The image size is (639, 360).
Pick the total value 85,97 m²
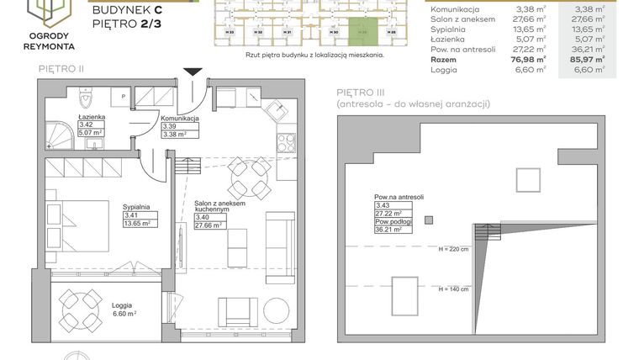click(x=587, y=61)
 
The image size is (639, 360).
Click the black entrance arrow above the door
click(x=193, y=73)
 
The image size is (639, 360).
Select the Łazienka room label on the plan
click(x=91, y=117)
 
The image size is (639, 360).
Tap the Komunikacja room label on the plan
click(x=180, y=119)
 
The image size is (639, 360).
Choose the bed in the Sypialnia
click(x=77, y=222)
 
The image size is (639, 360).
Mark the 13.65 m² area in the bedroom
click(x=136, y=223)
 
